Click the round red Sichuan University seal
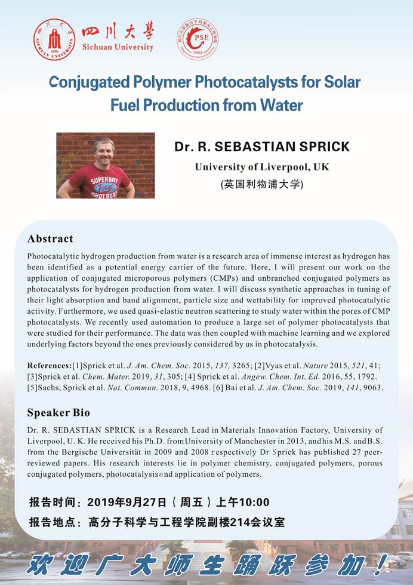[54, 39]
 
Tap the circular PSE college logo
[198, 39]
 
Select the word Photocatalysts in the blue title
[197, 81]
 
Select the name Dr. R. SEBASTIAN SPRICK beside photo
[262, 147]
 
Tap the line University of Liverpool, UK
[262, 167]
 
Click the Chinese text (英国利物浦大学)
[262, 184]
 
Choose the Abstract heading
[50, 239]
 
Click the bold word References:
[49, 365]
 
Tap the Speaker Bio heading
[58, 412]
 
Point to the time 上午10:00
[244, 502]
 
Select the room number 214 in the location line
[230, 522]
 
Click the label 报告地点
[52, 522]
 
